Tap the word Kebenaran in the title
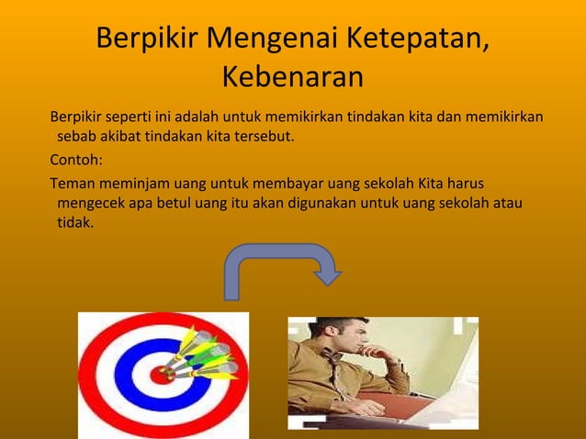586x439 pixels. tap(292, 78)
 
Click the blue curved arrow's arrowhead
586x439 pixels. tap(327, 275)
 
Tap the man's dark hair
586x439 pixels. tap(344, 324)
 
